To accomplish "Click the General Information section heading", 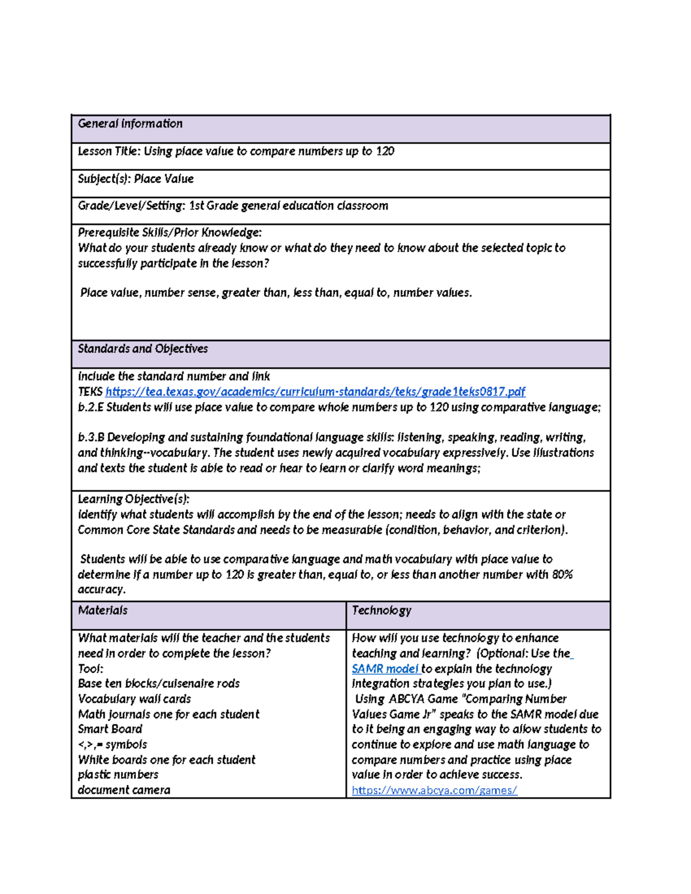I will tap(130, 124).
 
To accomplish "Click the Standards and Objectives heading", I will tap(143, 349).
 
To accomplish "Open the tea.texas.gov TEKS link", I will tap(315, 392).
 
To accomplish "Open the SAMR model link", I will tap(385, 669).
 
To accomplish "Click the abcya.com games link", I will tap(434, 790).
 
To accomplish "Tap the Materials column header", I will tap(102, 611).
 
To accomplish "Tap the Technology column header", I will tap(381, 611).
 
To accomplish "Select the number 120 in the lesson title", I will tap(385, 151).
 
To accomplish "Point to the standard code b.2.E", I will tap(90, 408).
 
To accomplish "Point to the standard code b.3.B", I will tap(91, 438).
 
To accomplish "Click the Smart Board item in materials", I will tap(110, 729).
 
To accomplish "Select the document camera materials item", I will tap(124, 790).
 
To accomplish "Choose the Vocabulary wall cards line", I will tap(134, 699).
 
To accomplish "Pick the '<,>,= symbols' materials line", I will tap(112, 745).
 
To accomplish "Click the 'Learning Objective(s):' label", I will tap(134, 499).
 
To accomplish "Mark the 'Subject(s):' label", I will tap(104, 179).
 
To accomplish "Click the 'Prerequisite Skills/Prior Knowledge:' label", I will tap(170, 233).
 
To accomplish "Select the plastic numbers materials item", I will tap(118, 775).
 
